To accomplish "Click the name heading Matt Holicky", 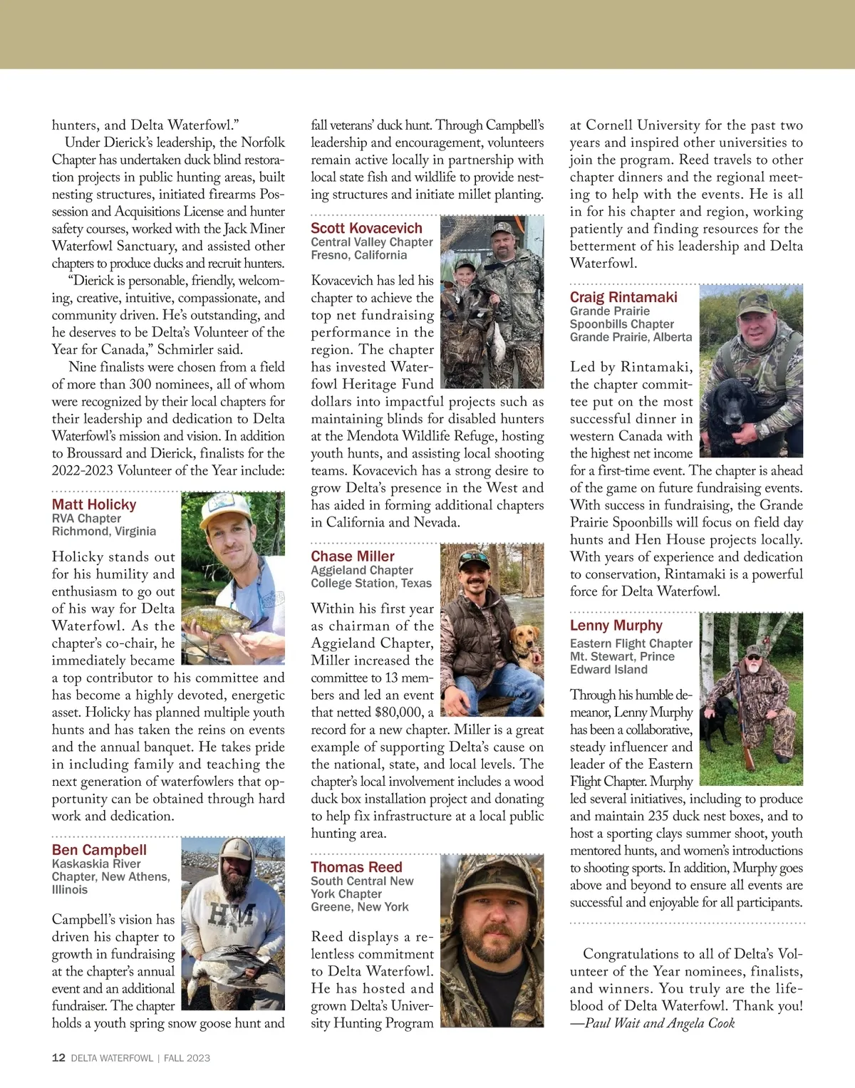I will (94, 504).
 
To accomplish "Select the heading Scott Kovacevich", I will (366, 228).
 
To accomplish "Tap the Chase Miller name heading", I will (353, 556).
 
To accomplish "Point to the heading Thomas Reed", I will (356, 867).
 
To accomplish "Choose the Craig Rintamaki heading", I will (623, 297).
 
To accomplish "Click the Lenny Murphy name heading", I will (616, 626).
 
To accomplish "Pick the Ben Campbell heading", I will (99, 850).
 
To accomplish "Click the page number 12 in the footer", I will (58, 1058).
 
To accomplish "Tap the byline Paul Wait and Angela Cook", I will (659, 1023).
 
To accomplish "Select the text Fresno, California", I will (358, 255).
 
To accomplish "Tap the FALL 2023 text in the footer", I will (187, 1058).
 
